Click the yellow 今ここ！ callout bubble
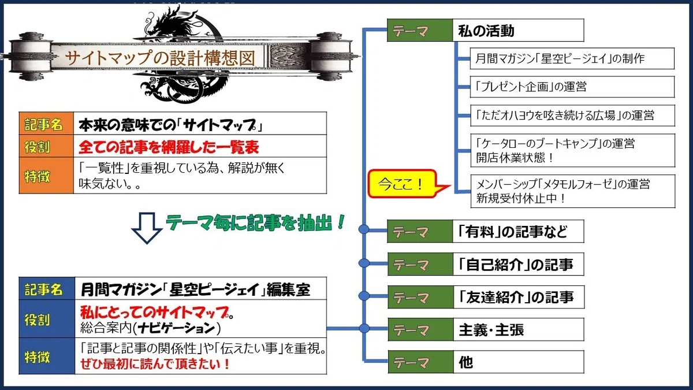[x=402, y=184]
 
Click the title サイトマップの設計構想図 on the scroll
[x=160, y=58]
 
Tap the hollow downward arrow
[x=147, y=228]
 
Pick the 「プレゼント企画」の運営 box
[x=572, y=87]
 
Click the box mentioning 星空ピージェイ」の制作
[x=572, y=58]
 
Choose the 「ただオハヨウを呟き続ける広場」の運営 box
[x=573, y=116]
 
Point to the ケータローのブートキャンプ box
[x=573, y=151]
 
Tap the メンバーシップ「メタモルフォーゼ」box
[x=573, y=191]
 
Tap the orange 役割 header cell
[x=46, y=146]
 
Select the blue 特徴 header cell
[x=47, y=356]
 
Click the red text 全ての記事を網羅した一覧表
[x=169, y=147]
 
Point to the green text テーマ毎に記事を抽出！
[x=255, y=222]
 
